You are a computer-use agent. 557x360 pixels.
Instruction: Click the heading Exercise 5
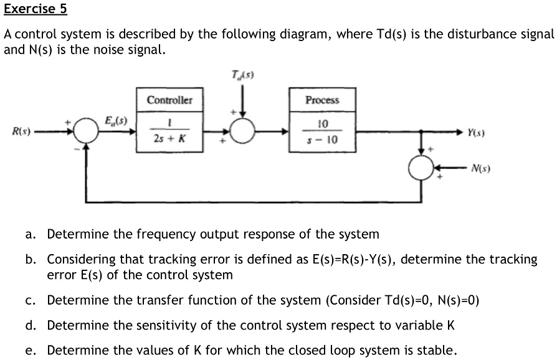36,10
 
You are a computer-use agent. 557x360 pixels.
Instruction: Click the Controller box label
170,100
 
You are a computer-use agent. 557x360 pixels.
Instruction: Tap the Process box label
322,100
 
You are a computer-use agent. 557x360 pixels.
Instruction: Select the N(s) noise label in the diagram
481,168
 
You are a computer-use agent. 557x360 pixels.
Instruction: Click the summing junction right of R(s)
86,132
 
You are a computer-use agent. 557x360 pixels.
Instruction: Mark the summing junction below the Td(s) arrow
243,132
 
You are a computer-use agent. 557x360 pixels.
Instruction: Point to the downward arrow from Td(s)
243,100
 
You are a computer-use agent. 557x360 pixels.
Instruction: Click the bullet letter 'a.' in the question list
31,235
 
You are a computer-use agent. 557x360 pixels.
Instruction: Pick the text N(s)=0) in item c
453,301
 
